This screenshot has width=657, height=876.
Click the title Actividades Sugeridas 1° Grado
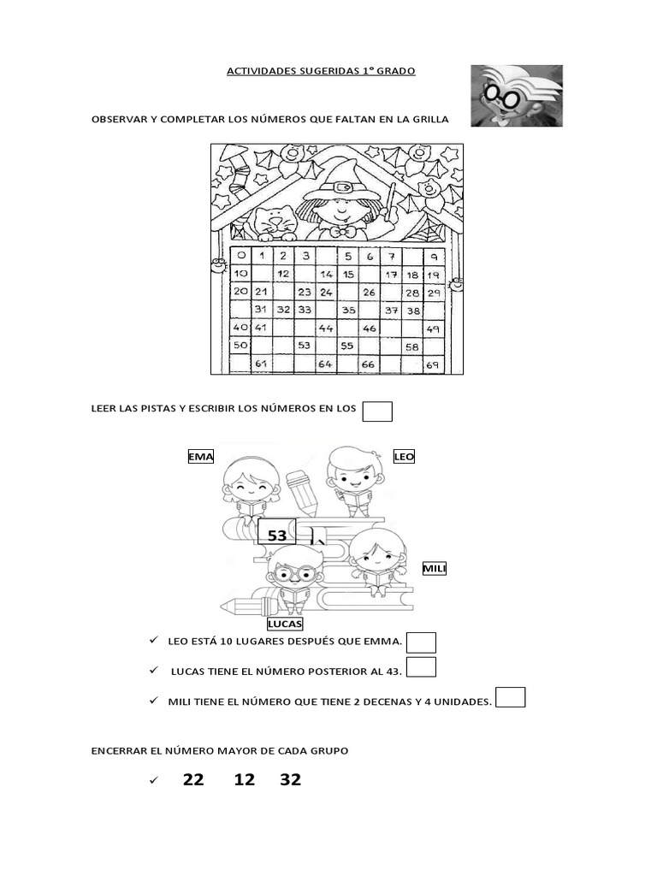click(x=321, y=71)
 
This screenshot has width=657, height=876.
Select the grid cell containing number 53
click(x=304, y=346)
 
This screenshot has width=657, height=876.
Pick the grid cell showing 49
click(x=435, y=328)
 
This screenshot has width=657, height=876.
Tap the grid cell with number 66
click(x=369, y=364)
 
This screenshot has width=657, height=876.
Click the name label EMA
click(x=201, y=457)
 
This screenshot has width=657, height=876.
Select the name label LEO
click(x=404, y=457)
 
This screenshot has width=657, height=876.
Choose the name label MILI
click(x=435, y=569)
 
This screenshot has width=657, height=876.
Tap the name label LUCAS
click(x=286, y=624)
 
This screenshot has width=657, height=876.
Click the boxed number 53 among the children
click(x=277, y=536)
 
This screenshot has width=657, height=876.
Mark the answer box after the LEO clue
click(x=422, y=642)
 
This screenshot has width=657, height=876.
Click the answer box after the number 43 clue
click(x=422, y=667)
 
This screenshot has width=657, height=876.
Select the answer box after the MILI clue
click(x=511, y=697)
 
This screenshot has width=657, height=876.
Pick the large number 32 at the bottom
click(x=291, y=779)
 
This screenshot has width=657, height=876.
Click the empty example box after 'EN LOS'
click(x=377, y=411)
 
